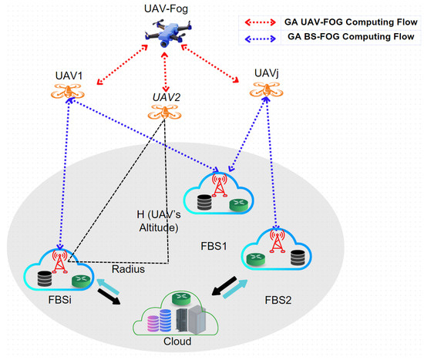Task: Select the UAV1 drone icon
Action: pyautogui.click(x=69, y=92)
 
